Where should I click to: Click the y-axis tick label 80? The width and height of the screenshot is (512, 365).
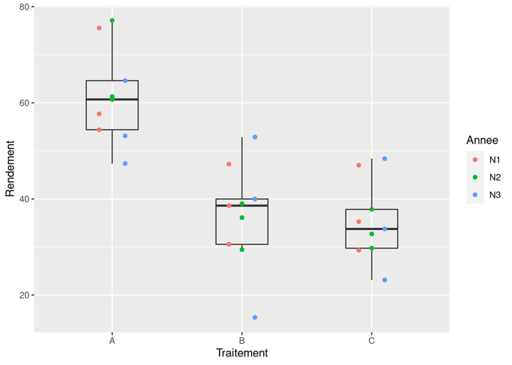click(x=23, y=7)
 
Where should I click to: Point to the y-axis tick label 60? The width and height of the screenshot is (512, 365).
click(x=23, y=103)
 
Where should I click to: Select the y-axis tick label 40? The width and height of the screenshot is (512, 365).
click(x=23, y=200)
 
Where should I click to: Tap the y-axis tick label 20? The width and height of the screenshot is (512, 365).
click(x=23, y=295)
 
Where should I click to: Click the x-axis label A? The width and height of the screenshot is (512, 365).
click(x=112, y=341)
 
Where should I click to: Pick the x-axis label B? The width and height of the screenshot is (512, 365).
click(x=242, y=341)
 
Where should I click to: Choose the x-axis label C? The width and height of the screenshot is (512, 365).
click(x=372, y=341)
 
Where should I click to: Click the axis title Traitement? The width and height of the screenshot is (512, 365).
click(x=242, y=353)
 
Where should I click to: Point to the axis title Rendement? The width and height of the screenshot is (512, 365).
click(x=10, y=169)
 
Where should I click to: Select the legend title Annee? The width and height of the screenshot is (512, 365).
click(x=481, y=140)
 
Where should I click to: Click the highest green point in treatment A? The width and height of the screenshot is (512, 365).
click(x=112, y=21)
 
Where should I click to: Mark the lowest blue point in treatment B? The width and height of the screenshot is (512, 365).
click(x=255, y=317)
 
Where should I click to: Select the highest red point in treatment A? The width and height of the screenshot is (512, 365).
click(x=100, y=28)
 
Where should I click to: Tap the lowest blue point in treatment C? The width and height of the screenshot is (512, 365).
click(x=385, y=280)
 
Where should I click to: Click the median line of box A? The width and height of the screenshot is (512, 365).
click(x=112, y=99)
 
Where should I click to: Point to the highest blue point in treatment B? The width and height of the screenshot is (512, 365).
click(x=255, y=137)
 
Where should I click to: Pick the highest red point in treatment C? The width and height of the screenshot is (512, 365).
click(x=359, y=165)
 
